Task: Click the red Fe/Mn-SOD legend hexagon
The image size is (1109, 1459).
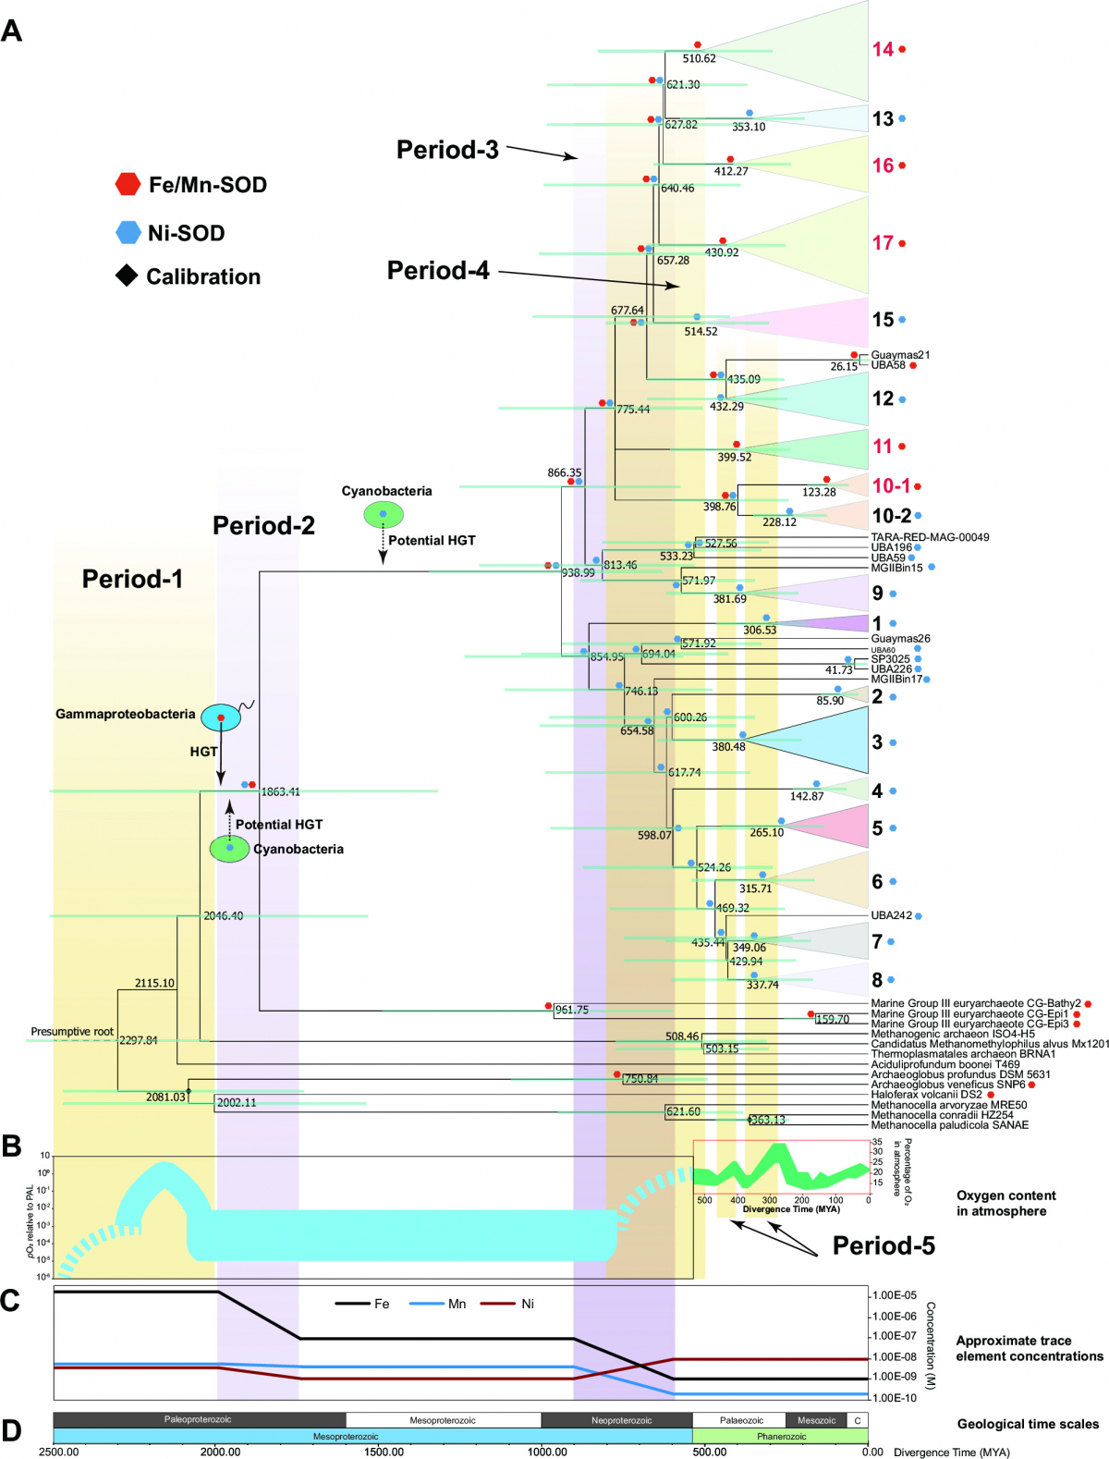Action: tap(128, 184)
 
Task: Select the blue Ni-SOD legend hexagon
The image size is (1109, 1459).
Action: tap(128, 232)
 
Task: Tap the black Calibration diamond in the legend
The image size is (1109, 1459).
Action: tap(127, 276)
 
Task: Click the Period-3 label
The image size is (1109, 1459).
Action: tap(447, 150)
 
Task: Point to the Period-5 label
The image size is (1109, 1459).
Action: tap(884, 1246)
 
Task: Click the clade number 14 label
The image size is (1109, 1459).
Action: tap(883, 49)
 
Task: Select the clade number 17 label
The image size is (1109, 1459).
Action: tap(883, 243)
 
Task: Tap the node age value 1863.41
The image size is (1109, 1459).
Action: tap(280, 792)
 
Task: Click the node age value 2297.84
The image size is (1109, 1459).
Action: tap(139, 1041)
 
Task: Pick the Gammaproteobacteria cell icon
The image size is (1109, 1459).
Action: tap(221, 717)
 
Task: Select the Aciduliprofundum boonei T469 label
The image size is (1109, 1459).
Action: tap(945, 1064)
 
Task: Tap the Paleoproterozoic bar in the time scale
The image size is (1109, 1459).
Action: tap(199, 1420)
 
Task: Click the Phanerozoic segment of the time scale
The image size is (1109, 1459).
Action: tap(781, 1437)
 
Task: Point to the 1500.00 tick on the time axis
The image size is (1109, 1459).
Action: tap(384, 1452)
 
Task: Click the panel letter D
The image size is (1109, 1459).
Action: tap(11, 1431)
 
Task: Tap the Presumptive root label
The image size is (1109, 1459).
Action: tap(72, 1032)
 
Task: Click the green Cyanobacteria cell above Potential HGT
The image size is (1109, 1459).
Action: tap(383, 514)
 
